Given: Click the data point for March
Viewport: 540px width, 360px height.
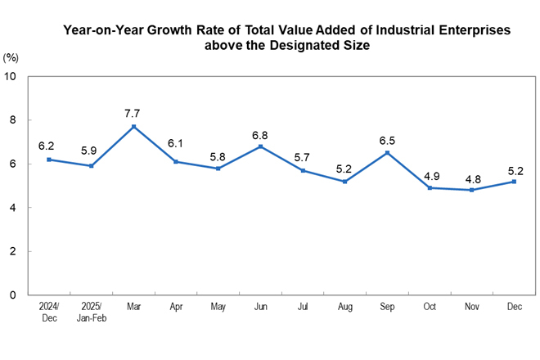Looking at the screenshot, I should (133, 126).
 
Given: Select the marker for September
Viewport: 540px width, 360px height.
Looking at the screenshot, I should (387, 153).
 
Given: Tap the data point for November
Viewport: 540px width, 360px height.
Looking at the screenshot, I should (471, 190).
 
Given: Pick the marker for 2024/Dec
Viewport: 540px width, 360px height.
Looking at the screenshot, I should (49, 160).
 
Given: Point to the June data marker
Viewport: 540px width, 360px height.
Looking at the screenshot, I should (260, 146).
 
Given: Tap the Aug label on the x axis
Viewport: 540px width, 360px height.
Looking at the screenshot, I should (344, 306).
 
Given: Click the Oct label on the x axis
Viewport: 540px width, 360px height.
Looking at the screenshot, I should (429, 306).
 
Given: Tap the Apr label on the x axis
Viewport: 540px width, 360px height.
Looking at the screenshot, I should (175, 306).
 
